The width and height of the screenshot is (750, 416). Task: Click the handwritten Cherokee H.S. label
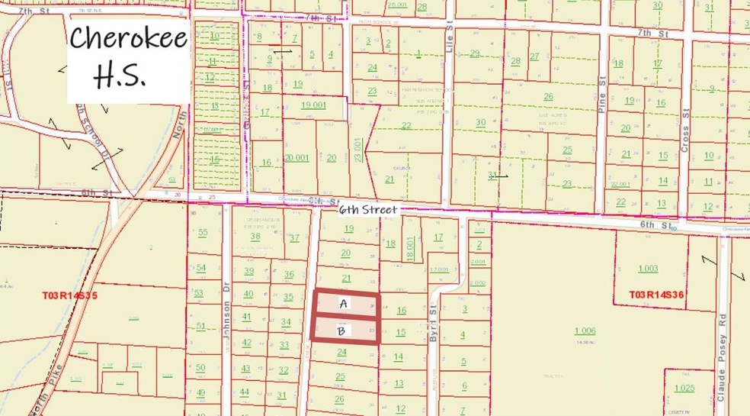(x=127, y=57)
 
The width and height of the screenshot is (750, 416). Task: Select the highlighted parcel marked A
(x=344, y=304)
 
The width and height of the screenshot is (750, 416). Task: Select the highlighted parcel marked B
(x=343, y=331)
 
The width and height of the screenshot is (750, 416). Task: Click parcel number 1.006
(x=585, y=331)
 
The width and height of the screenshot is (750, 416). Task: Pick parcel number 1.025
(x=684, y=389)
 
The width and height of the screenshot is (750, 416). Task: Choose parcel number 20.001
(x=296, y=157)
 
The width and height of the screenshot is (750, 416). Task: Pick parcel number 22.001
(x=621, y=184)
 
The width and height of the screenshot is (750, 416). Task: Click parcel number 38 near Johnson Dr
(x=255, y=237)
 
